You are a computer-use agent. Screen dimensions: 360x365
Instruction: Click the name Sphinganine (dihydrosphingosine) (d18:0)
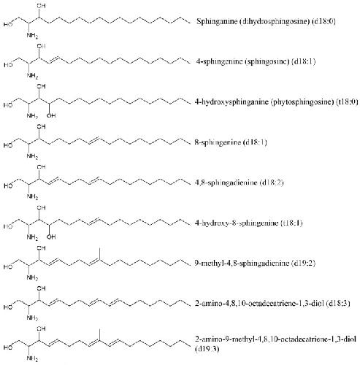[x=266, y=21]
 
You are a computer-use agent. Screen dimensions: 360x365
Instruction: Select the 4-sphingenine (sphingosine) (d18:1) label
[x=256, y=61]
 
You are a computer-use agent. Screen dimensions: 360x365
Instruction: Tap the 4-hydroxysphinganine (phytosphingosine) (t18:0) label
[x=276, y=101]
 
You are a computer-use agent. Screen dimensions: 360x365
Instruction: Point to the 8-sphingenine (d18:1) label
[x=231, y=142]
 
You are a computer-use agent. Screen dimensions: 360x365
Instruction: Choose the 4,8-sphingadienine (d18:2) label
[x=239, y=182]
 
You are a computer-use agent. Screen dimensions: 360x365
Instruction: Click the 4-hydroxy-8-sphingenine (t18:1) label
[x=248, y=223]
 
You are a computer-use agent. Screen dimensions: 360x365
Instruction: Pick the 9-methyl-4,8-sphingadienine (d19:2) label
[x=255, y=263]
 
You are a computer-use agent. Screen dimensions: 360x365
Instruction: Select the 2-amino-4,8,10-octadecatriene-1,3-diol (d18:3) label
[x=272, y=304]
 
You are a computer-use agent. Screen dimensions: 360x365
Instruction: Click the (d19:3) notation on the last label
[x=207, y=349]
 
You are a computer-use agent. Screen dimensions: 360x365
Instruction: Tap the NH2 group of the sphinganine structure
[x=32, y=36]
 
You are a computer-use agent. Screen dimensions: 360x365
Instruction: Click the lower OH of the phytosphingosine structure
[x=51, y=115]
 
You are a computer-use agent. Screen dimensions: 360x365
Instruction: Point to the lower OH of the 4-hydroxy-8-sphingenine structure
[x=51, y=237]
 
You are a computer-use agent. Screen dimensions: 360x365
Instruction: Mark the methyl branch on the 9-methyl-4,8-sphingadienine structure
[x=99, y=253]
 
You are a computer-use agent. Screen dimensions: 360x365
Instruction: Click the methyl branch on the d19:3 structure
[x=99, y=334]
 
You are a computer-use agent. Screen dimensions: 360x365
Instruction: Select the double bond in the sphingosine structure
[x=53, y=60]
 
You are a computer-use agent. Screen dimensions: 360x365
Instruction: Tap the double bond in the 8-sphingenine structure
[x=93, y=141]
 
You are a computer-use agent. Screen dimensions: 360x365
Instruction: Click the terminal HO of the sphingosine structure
[x=8, y=65]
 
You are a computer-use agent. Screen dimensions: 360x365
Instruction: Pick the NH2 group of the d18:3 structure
[x=32, y=318]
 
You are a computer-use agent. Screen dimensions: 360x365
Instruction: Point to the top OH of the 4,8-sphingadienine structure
[x=41, y=167]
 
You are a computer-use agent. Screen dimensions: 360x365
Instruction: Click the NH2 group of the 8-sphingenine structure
[x=32, y=156]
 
